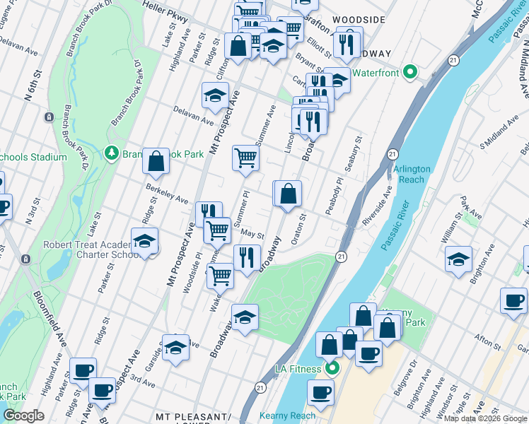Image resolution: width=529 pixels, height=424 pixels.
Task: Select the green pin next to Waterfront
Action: (409, 73)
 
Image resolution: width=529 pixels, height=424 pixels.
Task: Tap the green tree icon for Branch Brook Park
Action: (111, 153)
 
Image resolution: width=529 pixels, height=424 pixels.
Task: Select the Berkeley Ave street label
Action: (167, 194)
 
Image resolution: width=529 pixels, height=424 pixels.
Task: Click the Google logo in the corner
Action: (23, 416)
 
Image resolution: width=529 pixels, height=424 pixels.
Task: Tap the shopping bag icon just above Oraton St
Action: (288, 194)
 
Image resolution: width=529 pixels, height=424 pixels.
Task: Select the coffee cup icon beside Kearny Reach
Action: (320, 392)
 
